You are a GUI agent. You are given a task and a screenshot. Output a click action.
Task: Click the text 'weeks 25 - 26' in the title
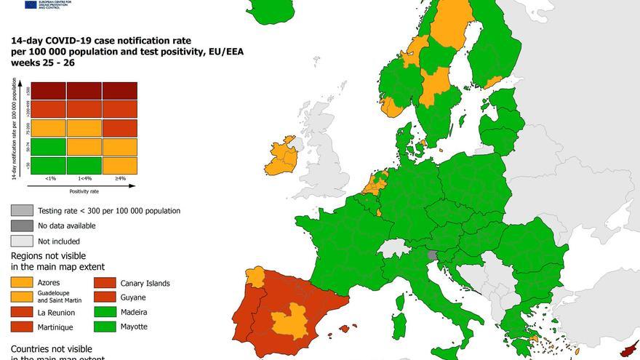tap(42, 63)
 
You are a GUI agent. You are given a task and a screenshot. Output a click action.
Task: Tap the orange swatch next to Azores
tap(22, 282)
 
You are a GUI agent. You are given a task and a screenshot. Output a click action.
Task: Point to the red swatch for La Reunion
tap(22, 312)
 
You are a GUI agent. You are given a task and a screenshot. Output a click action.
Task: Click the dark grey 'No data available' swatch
tap(22, 225)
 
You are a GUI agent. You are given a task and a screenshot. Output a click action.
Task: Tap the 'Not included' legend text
tap(59, 241)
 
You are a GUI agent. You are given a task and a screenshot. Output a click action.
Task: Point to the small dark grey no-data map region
tap(433, 256)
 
